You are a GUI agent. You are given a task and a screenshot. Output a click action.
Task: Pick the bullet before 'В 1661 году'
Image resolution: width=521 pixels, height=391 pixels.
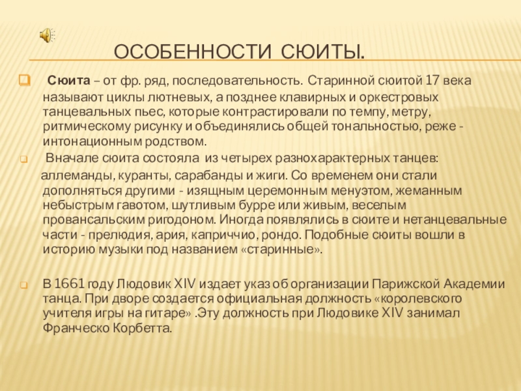(x=23, y=285)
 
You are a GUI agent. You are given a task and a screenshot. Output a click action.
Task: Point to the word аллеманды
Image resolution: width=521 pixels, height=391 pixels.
(x=71, y=176)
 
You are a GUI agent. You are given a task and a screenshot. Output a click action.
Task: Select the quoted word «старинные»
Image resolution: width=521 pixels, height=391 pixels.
(x=290, y=250)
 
